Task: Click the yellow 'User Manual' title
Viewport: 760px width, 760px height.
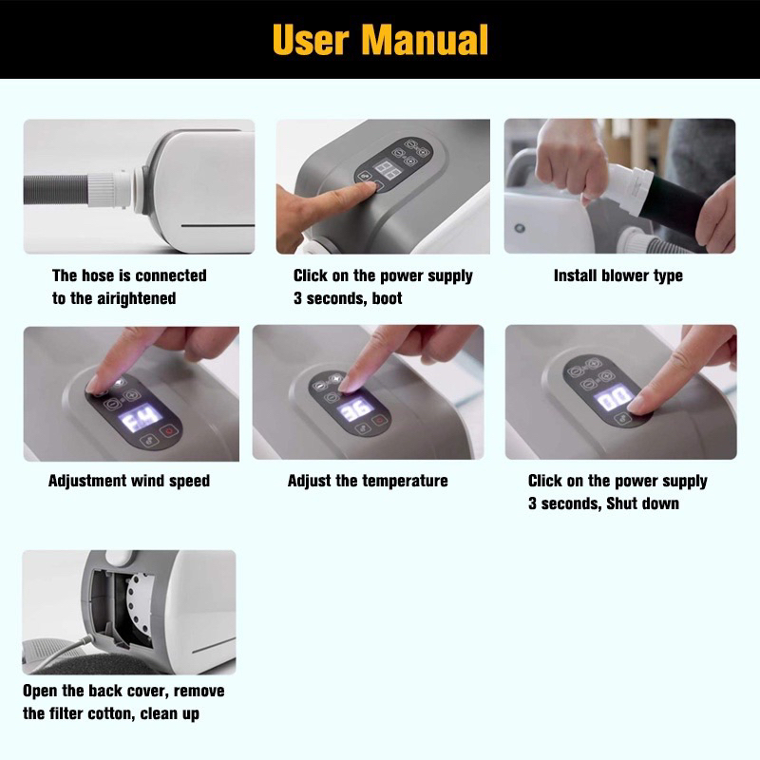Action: tap(380, 40)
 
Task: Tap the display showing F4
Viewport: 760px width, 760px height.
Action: tap(141, 417)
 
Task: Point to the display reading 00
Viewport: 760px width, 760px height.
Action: tap(613, 399)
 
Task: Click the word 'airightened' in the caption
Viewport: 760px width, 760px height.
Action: tap(136, 298)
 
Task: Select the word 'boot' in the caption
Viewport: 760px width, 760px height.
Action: tap(387, 298)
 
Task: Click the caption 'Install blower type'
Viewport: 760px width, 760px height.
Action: tap(618, 275)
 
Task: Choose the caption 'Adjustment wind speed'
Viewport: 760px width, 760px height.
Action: tap(129, 481)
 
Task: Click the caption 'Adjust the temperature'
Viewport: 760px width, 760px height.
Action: tap(368, 481)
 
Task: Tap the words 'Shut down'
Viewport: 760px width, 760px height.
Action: tap(642, 503)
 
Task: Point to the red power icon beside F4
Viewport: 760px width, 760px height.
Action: tap(169, 430)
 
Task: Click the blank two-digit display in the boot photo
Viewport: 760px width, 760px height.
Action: tap(388, 170)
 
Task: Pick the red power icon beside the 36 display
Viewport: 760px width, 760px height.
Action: tap(379, 420)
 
